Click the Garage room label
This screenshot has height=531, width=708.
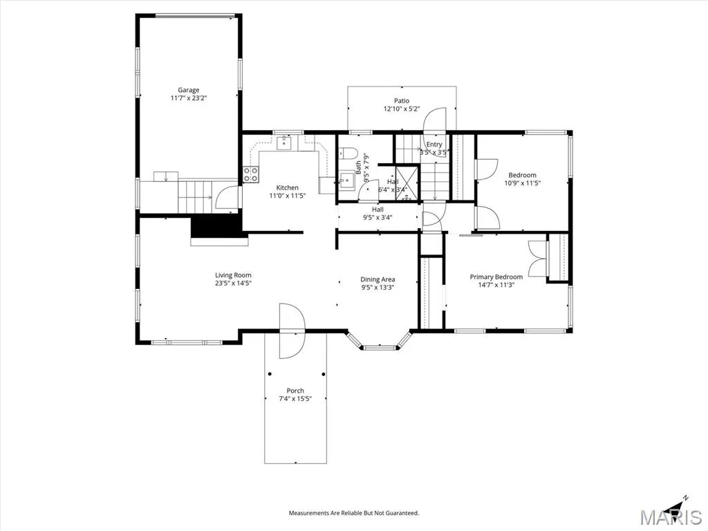188,90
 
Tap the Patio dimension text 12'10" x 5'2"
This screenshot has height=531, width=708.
402,109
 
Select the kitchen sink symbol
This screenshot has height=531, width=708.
284,143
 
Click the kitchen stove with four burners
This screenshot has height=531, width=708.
251,174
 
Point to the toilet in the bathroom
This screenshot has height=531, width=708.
348,153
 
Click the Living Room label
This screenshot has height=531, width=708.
233,275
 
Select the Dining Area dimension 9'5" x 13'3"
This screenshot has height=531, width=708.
378,287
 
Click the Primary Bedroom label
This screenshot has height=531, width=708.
496,277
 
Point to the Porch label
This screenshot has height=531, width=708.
295,391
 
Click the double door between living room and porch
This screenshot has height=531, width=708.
292,331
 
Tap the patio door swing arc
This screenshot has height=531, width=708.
434,120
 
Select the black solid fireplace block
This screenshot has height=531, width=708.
216,226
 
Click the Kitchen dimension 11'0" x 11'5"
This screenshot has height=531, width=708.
288,196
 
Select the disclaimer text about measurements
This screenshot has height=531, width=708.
354,513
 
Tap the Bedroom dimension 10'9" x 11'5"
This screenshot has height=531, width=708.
523,183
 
